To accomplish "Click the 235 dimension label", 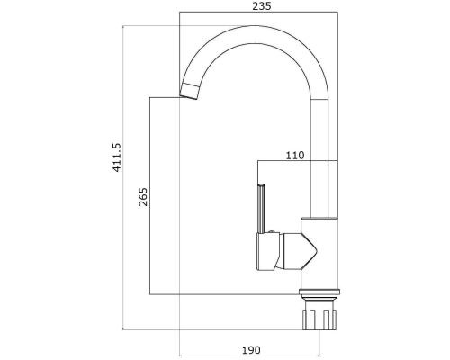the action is tap(262, 6).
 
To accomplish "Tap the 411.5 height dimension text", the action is tap(116, 157).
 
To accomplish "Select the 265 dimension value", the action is tap(143, 197).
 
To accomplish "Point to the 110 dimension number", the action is tap(295, 156).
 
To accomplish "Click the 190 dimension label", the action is tap(251, 350).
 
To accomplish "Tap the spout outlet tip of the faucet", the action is tap(188, 96).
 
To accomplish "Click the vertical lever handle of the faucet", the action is tap(261, 209).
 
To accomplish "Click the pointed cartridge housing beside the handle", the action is tap(299, 250).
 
